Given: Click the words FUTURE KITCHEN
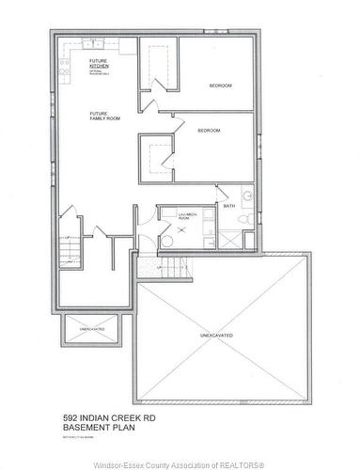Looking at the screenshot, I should tap(98, 64).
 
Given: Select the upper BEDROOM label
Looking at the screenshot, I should tap(221, 86).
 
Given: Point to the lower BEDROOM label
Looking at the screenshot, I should tap(209, 131).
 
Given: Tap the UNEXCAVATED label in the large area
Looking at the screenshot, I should tap(217, 335).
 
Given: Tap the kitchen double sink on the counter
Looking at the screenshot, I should tap(65, 67).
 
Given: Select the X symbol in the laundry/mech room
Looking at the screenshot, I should tap(168, 227).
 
